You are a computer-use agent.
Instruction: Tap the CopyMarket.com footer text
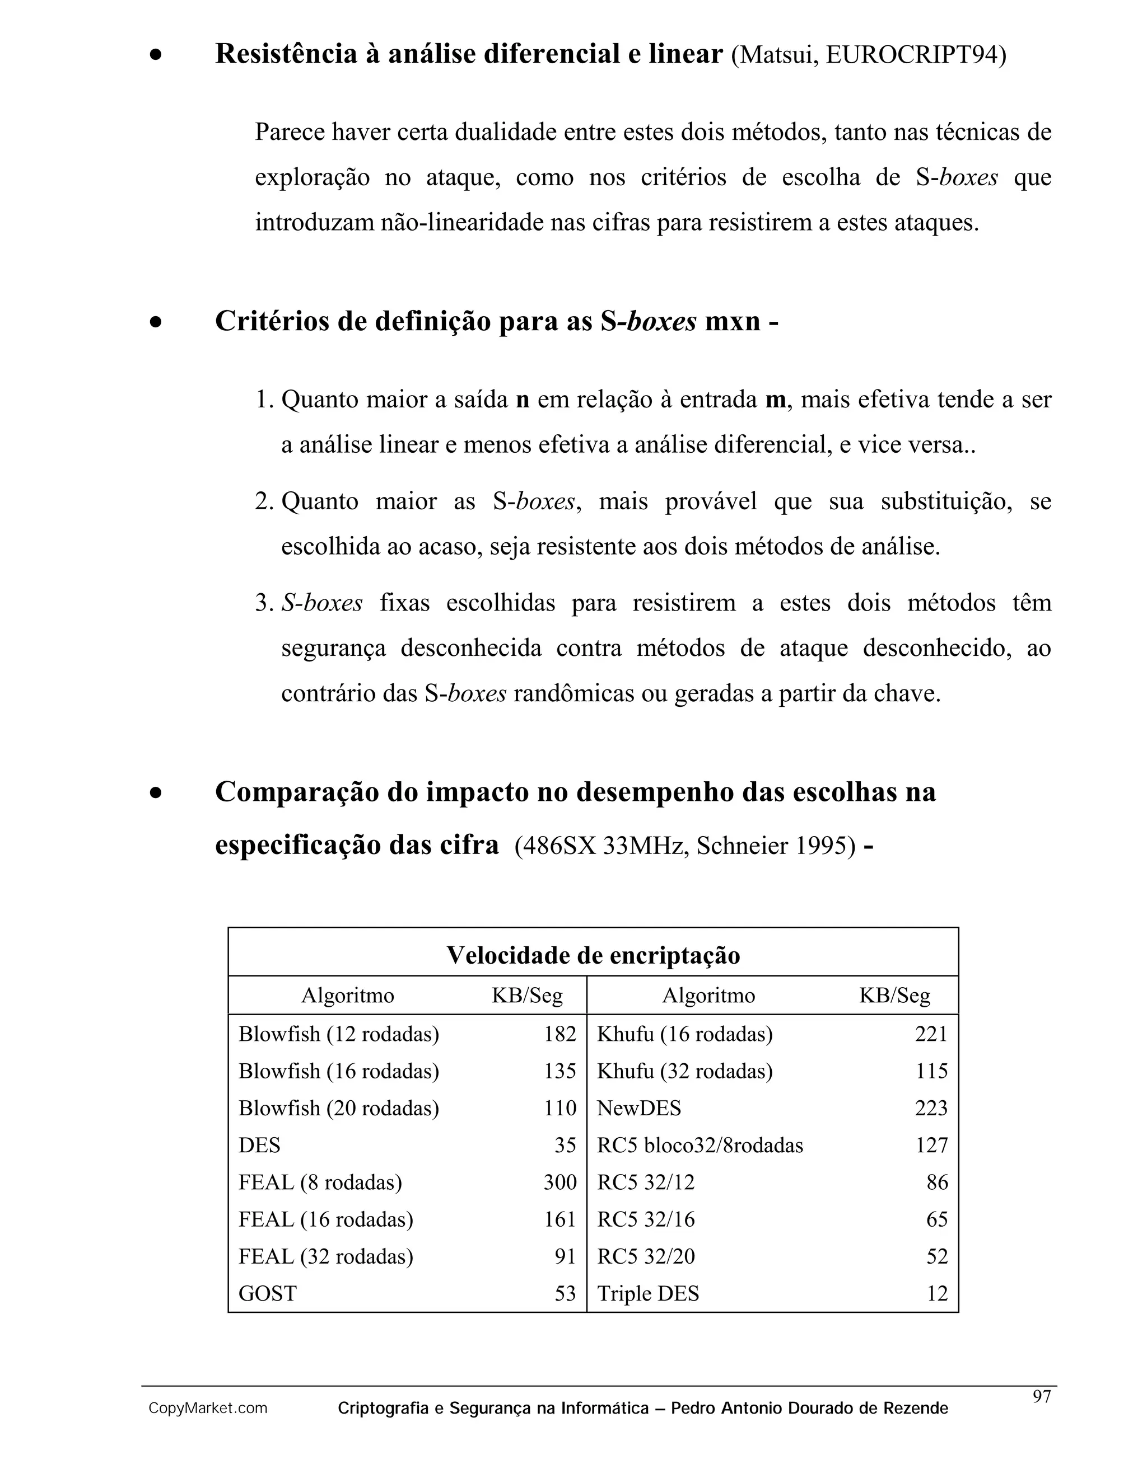[x=208, y=1409]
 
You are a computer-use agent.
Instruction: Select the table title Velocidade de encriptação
[x=593, y=955]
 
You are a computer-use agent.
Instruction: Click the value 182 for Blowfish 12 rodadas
[x=559, y=1034]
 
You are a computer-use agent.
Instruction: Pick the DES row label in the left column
[x=259, y=1146]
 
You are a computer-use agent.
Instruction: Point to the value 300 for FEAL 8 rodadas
[x=559, y=1183]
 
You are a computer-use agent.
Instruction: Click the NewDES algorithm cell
[x=638, y=1108]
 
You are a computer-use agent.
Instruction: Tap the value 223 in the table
[x=930, y=1108]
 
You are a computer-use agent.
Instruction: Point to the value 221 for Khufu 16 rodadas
[x=930, y=1034]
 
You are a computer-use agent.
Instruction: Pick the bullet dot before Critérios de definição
[x=156, y=322]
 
